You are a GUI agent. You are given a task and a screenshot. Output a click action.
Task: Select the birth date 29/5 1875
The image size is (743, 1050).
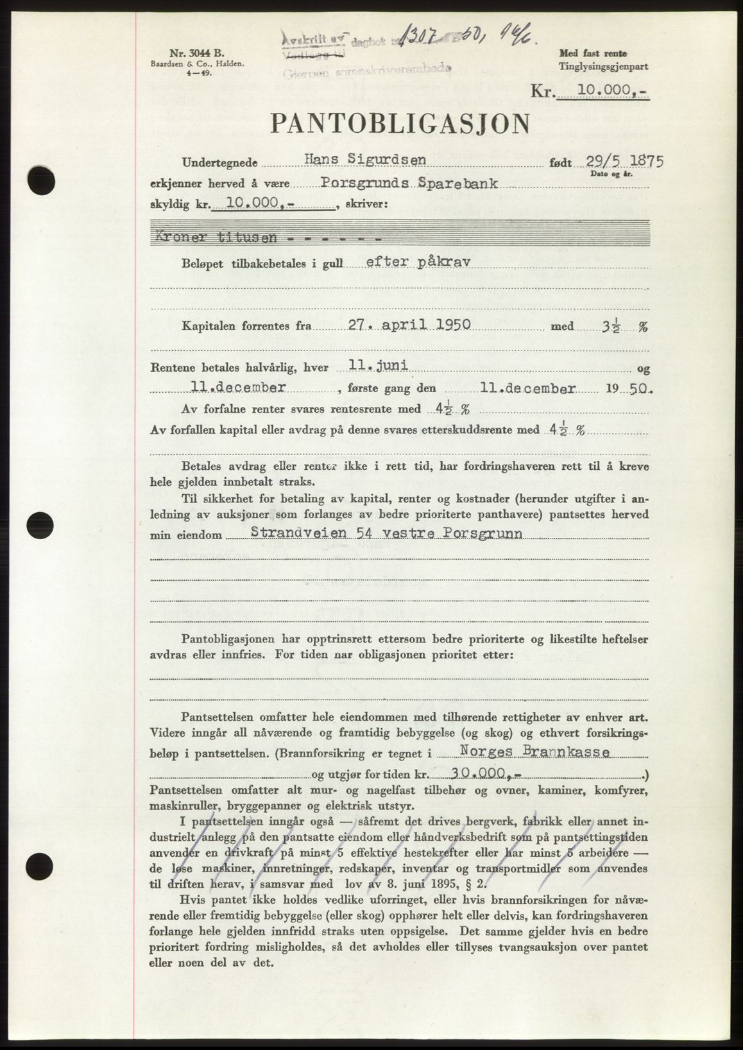(624, 161)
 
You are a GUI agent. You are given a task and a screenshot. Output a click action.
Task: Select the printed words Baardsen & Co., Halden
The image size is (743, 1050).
(170, 65)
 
